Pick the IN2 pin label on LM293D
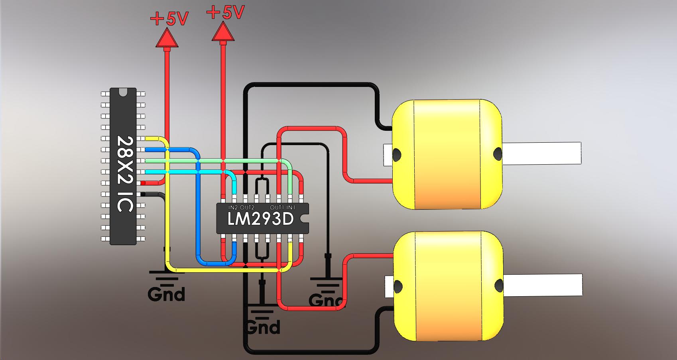[x=233, y=208]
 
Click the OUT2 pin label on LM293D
[x=247, y=208]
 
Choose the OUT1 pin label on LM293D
[x=277, y=208]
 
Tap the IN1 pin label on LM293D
[x=291, y=208]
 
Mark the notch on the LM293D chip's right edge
[x=306, y=218]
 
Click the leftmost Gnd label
[x=166, y=294]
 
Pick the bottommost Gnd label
[x=262, y=328]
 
